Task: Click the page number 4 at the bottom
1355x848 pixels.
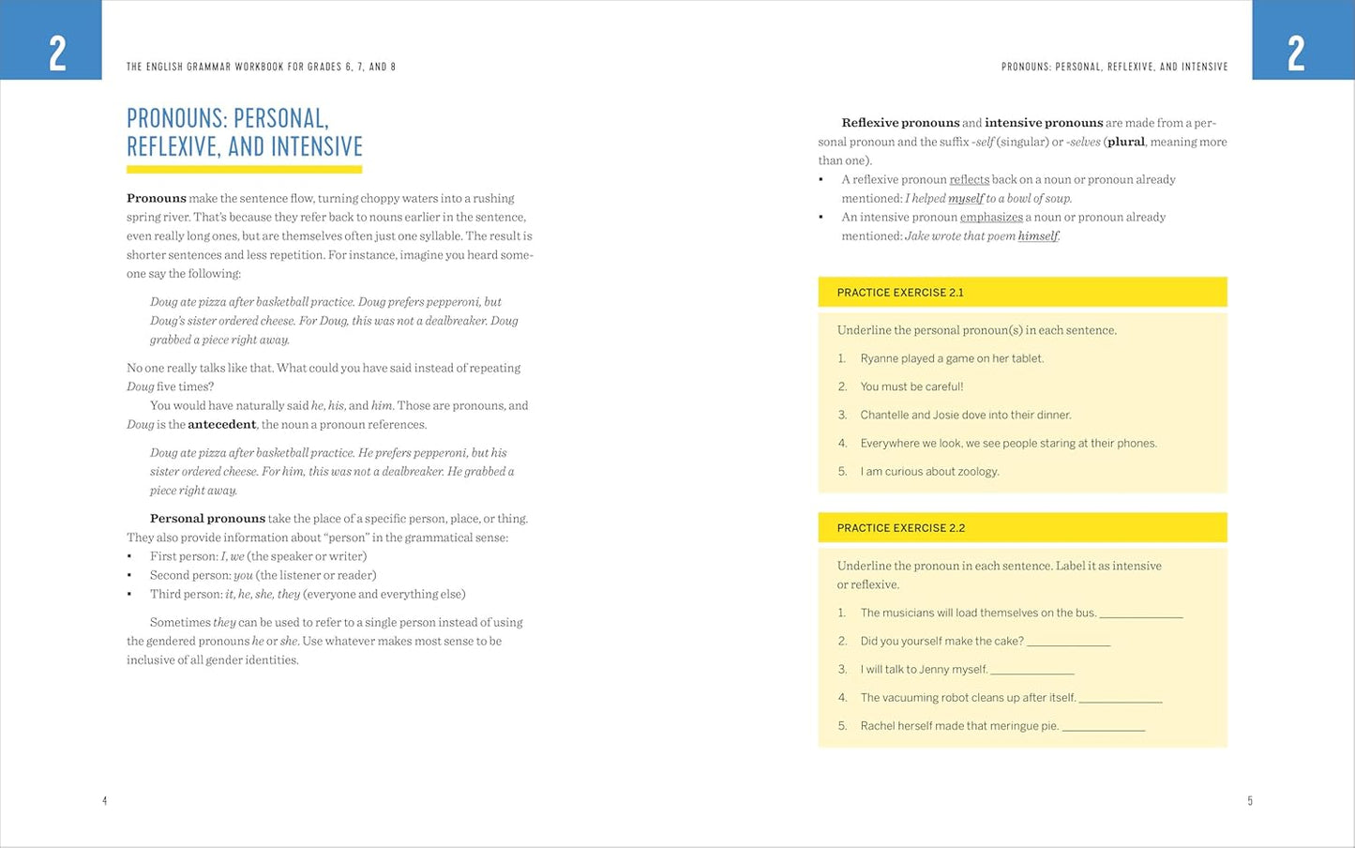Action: (x=105, y=801)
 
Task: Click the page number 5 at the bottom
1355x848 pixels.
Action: (x=1250, y=801)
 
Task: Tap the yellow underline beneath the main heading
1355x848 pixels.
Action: (x=244, y=170)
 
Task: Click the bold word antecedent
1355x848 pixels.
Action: (x=221, y=425)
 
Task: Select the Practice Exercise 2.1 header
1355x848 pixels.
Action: (x=900, y=293)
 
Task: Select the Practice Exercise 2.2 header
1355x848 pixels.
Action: (x=900, y=528)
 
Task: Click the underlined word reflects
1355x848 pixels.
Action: (x=969, y=180)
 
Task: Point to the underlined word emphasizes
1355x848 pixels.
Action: (x=991, y=218)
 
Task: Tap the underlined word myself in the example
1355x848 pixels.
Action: (x=966, y=199)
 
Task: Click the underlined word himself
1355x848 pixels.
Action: (x=1038, y=236)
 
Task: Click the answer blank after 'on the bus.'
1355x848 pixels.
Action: (x=1140, y=614)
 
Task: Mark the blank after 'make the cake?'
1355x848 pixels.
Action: (x=1068, y=643)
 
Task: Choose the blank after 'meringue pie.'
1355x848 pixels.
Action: (x=1103, y=727)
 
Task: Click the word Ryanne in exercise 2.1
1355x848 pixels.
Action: (x=880, y=358)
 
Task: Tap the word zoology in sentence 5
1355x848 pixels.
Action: (x=977, y=472)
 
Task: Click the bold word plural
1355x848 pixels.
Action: (x=1125, y=143)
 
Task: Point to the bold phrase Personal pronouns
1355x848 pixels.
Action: (x=207, y=519)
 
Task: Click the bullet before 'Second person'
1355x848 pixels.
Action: (x=129, y=575)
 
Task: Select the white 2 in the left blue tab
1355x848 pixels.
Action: (x=57, y=53)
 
